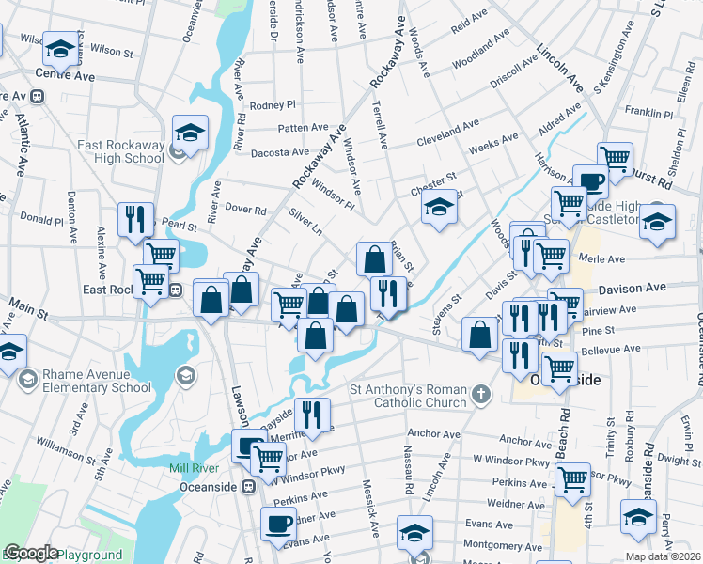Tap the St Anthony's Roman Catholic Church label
tap(408, 396)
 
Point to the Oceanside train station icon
tap(249, 487)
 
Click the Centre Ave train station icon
tap(39, 95)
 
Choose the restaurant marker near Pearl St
tap(135, 219)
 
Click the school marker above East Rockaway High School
tap(189, 133)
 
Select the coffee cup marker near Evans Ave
tap(278, 525)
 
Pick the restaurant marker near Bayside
tap(312, 414)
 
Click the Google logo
tap(31, 553)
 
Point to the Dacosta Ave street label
tap(278, 151)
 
